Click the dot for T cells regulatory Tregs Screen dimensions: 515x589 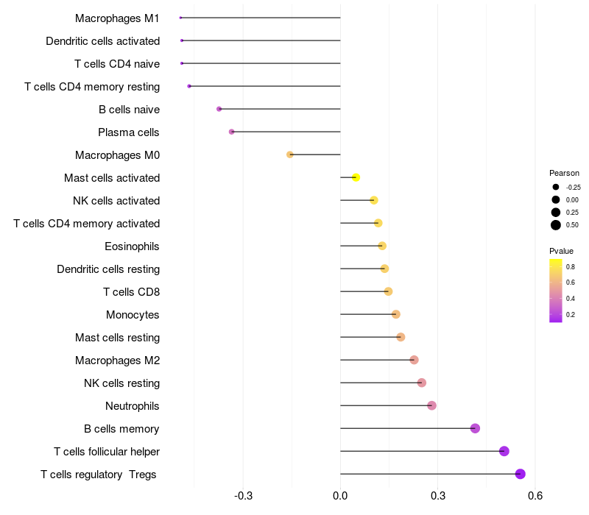521,474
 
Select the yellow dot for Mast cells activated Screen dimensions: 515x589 356,177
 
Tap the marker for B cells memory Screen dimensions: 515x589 475,428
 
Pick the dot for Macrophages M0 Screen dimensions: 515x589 290,154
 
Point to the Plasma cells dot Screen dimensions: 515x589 232,132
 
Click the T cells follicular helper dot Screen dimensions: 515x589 504,451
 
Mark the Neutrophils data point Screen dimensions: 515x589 431,405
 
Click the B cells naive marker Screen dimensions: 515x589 219,109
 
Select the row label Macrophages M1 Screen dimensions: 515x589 117,18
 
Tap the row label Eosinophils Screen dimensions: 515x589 133,246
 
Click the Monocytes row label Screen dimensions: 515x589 133,314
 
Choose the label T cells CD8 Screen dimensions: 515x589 131,291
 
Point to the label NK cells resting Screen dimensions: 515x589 121,383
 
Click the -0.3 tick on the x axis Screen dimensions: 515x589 243,496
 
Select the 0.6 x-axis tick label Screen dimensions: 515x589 535,496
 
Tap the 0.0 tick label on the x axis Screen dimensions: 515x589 340,496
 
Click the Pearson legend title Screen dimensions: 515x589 565,173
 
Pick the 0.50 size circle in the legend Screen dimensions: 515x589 556,225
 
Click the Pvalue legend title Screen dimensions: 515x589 562,251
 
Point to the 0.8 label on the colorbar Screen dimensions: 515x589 571,266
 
